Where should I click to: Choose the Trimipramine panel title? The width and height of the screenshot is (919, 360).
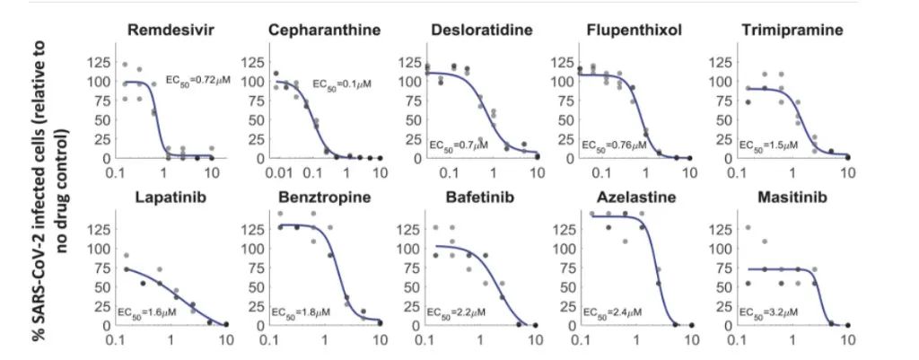[792, 31]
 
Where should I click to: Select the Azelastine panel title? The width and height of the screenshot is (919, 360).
[634, 198]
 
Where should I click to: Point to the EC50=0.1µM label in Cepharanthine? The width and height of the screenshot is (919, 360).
[341, 83]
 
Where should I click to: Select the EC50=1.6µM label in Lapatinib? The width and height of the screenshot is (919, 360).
[147, 312]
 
